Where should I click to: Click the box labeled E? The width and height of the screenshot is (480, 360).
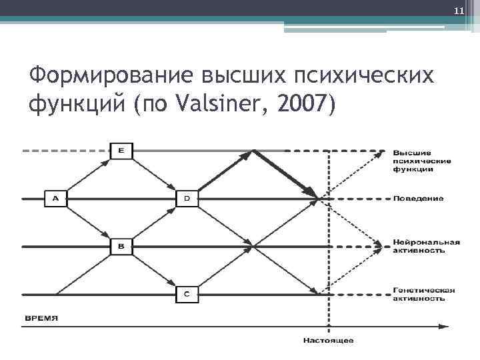click(121, 151)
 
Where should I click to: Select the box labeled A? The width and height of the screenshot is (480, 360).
click(55, 199)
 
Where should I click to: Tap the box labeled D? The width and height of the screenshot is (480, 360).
click(187, 199)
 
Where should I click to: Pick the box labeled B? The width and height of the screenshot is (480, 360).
click(121, 247)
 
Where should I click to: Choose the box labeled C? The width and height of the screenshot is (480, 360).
click(187, 294)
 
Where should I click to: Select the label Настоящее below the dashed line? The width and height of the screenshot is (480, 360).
click(328, 341)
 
